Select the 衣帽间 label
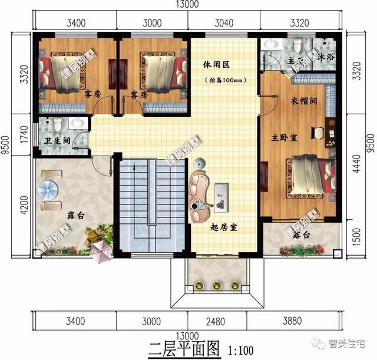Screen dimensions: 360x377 tap(306, 101)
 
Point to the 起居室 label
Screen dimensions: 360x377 tap(224, 227)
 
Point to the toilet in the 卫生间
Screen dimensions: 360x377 tap(57, 125)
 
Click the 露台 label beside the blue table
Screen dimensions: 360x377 tap(74, 217)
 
